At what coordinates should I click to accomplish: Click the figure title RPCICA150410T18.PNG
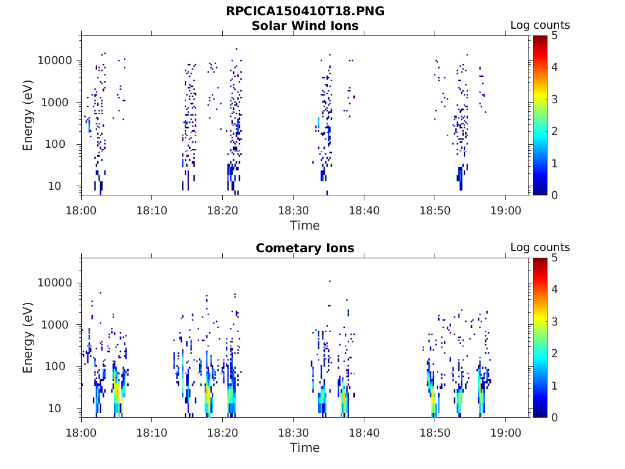tap(305, 11)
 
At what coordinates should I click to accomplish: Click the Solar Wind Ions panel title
tap(305, 26)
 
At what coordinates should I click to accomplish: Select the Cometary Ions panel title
tap(305, 248)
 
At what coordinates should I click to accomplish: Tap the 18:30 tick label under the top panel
tap(293, 209)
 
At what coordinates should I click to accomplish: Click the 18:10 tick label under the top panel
tap(152, 209)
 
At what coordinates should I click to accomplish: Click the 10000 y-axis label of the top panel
tap(56, 60)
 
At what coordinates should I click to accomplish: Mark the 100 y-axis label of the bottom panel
tap(63, 366)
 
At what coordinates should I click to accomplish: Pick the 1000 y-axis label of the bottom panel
tap(59, 324)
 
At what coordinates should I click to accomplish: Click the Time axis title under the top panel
tap(305, 225)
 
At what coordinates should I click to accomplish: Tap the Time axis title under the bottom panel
tap(305, 448)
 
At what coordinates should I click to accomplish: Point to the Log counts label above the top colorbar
tap(540, 25)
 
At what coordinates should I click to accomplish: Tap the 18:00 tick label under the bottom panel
tap(81, 432)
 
